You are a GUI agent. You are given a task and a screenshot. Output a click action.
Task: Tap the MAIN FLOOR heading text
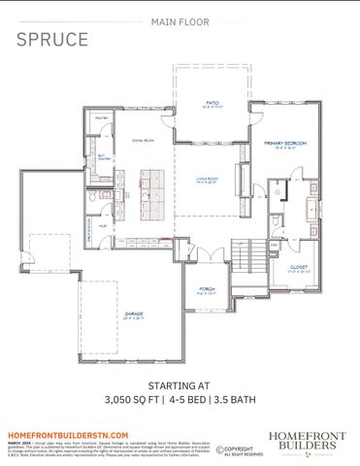(x=180, y=19)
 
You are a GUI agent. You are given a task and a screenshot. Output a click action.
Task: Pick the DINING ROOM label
(x=145, y=140)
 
